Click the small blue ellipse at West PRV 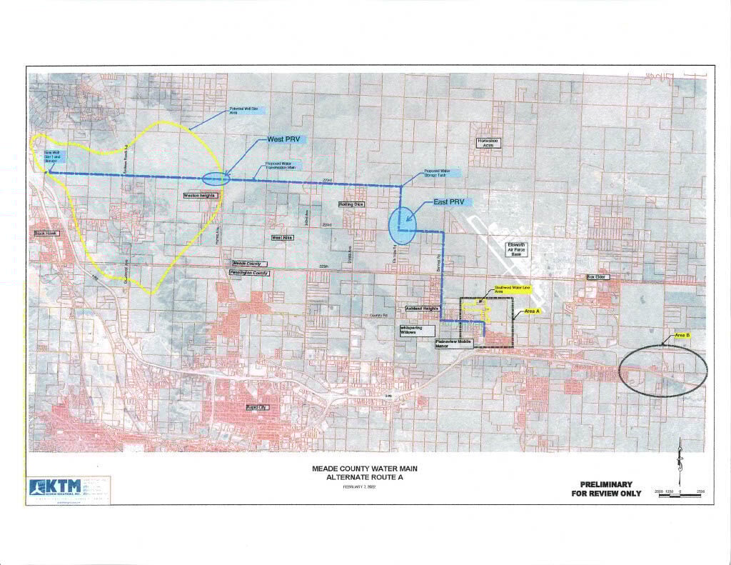click(216, 179)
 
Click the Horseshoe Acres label click(490, 143)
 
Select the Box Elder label click(595, 276)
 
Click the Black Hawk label click(45, 234)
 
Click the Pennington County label click(248, 273)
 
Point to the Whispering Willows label click(414, 331)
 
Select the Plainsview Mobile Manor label click(455, 346)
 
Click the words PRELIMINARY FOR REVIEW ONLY click(606, 489)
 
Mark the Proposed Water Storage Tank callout click(441, 173)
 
